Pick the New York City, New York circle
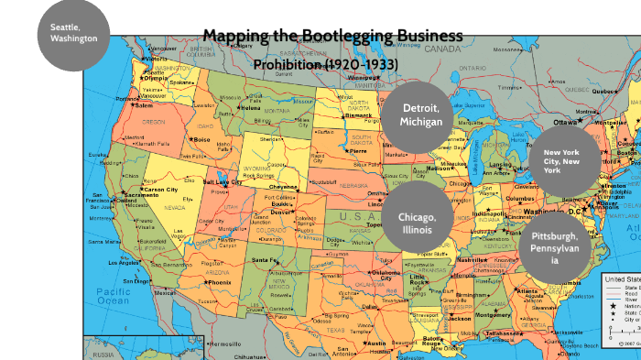pos(565,159)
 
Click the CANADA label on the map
pos(443,48)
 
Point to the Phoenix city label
pos(219,283)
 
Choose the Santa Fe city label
pos(266,260)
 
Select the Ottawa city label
pos(565,122)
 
